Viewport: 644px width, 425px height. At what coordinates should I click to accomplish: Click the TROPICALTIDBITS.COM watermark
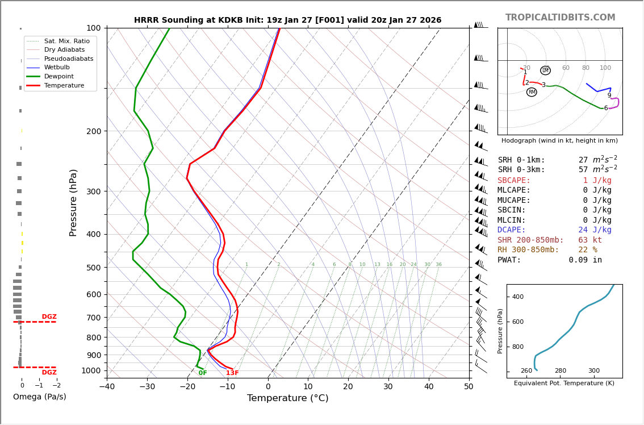[560, 18]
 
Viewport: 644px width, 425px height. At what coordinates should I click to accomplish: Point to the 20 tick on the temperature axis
[348, 387]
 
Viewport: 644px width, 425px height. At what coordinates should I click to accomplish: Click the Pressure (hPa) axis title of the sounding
[73, 202]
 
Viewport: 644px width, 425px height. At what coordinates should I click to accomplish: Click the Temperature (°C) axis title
[287, 398]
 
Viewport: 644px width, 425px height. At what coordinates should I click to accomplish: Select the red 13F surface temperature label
[232, 373]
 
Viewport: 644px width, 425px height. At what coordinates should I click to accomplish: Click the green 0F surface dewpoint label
[203, 373]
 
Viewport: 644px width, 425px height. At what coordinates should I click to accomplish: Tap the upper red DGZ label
[49, 317]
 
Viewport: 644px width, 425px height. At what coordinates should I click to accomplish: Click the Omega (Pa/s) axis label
[40, 397]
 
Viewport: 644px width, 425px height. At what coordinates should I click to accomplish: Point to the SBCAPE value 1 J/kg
[597, 180]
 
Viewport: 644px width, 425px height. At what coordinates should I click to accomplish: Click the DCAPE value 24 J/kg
[595, 230]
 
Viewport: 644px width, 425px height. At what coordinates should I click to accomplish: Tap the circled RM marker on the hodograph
[532, 92]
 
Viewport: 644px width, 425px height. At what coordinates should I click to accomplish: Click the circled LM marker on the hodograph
[545, 70]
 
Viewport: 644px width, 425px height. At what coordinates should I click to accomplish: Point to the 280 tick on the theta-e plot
[561, 371]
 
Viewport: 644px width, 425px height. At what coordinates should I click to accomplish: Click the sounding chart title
[287, 20]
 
